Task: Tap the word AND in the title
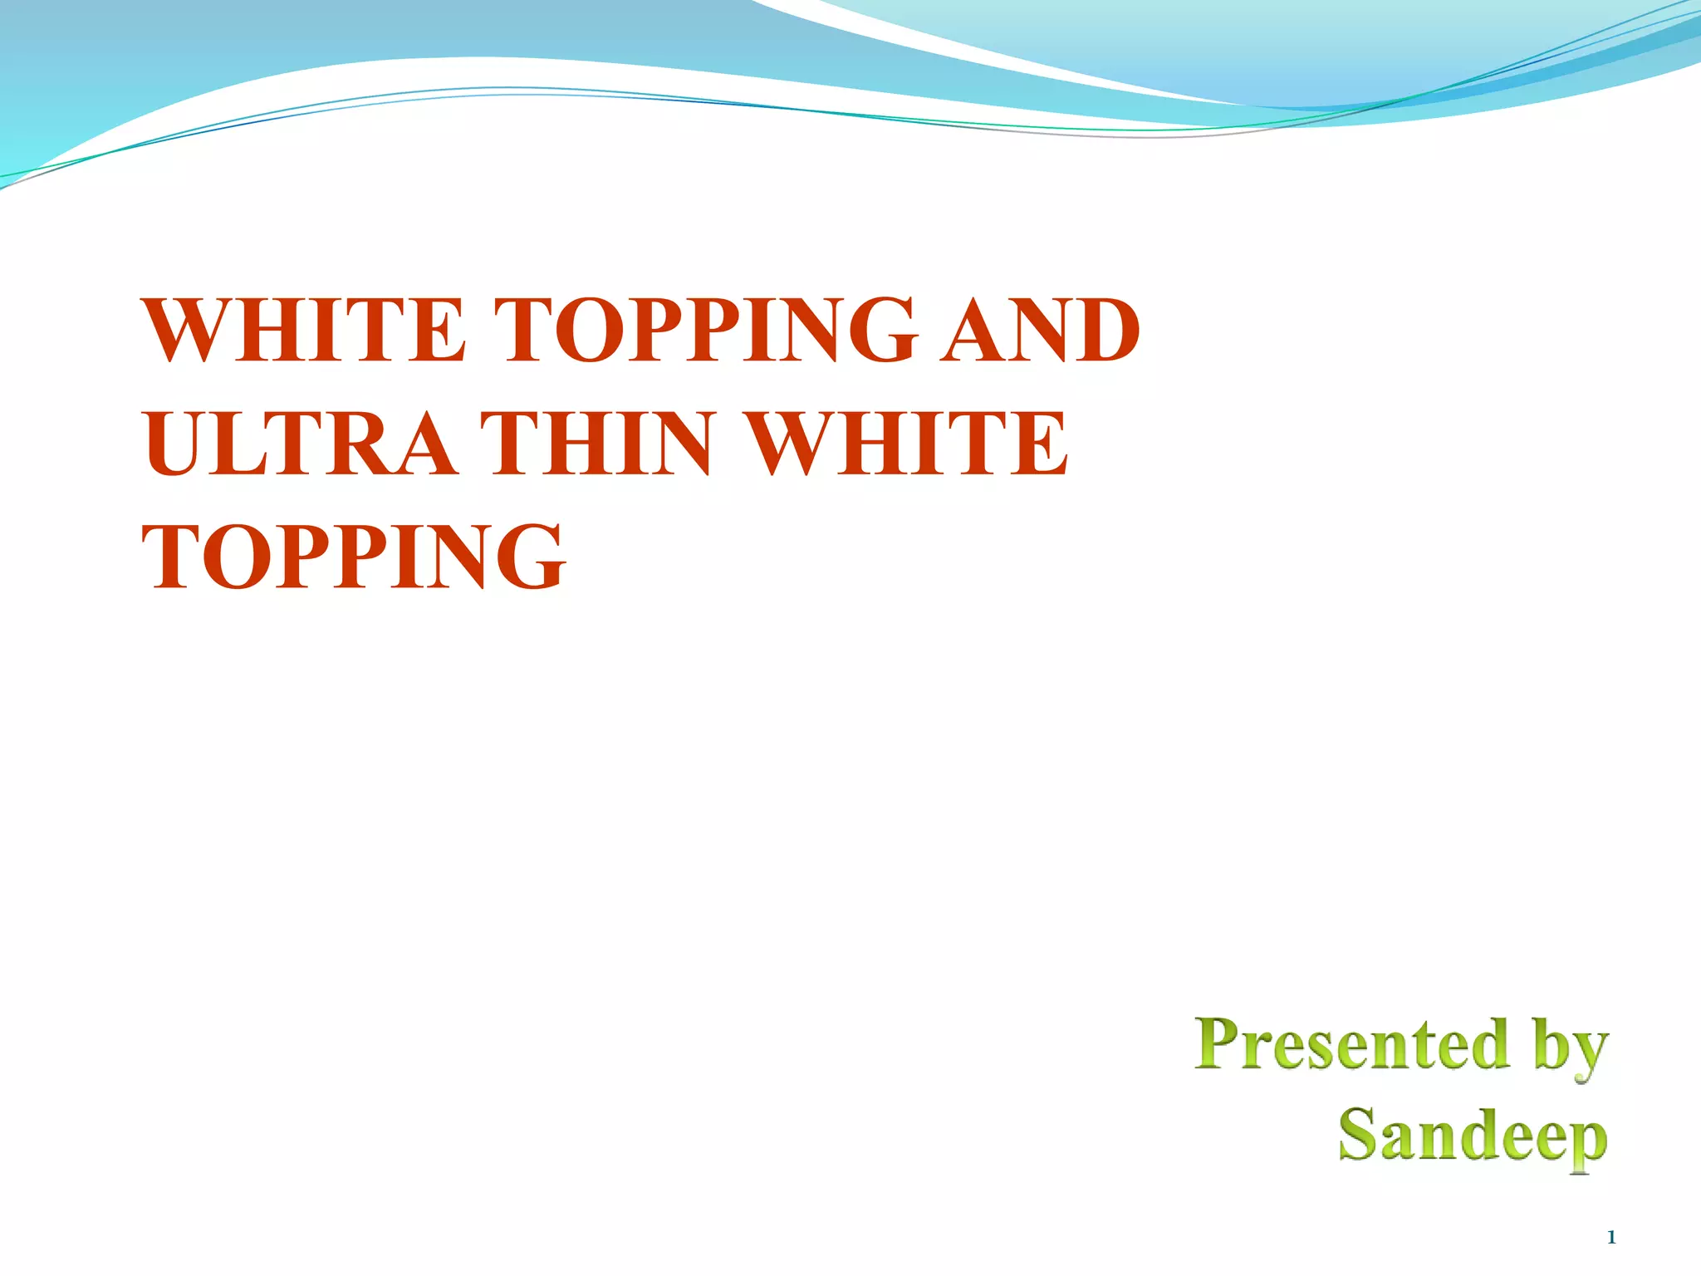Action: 1040,331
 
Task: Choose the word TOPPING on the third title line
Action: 354,556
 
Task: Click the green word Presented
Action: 1352,1044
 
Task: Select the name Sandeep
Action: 1473,1136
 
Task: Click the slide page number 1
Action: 1611,1238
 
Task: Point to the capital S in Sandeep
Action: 1359,1134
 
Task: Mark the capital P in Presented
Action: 1219,1043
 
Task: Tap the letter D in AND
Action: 1102,331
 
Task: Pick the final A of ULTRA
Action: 420,444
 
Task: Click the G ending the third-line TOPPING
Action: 528,556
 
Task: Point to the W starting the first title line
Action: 188,331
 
